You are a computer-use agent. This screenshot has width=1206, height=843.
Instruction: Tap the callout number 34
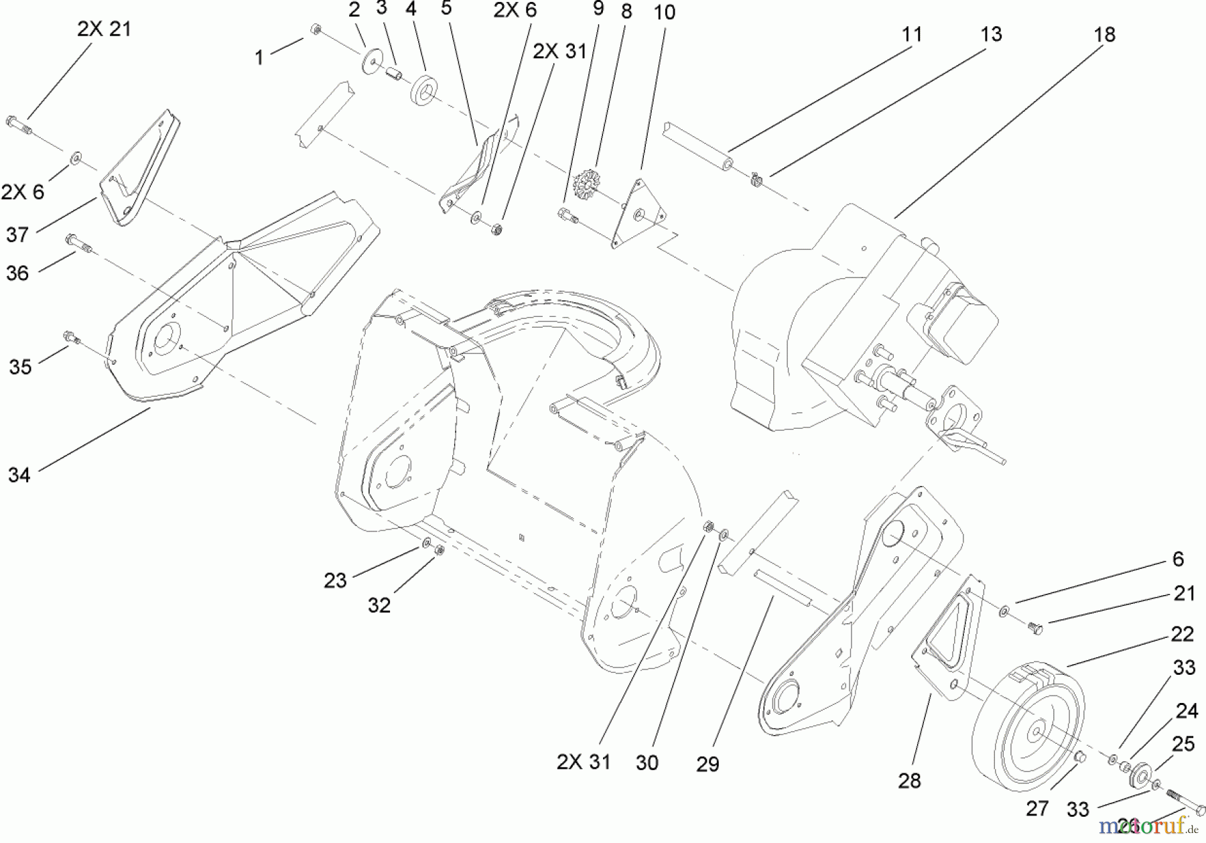(19, 475)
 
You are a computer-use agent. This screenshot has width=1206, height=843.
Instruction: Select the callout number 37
(17, 235)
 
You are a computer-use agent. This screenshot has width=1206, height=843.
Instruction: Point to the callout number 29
(708, 763)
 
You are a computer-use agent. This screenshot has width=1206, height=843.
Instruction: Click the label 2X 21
(104, 29)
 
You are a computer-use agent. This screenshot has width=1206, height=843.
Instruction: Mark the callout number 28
(909, 781)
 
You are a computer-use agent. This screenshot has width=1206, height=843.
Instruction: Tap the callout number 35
(20, 367)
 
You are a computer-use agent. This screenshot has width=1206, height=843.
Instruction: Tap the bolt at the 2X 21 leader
(19, 123)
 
